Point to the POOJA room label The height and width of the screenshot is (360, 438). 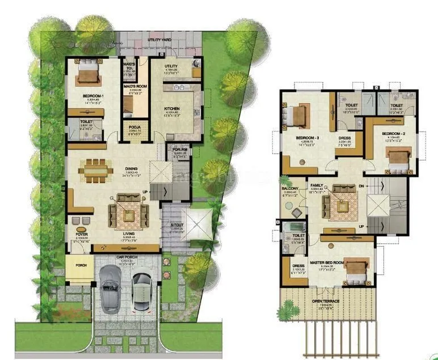pyautogui.click(x=134, y=127)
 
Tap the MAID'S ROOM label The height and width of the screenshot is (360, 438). pyautogui.click(x=136, y=86)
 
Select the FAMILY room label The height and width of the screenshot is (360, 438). pyautogui.click(x=317, y=185)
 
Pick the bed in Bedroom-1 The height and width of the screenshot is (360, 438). pyautogui.click(x=89, y=73)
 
